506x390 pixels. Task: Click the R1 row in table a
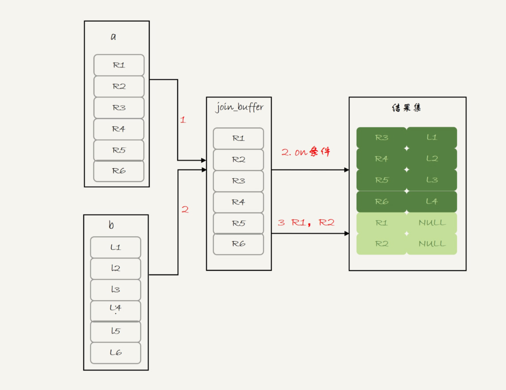[x=119, y=65]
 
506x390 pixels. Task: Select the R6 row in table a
[x=119, y=171]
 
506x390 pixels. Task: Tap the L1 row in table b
[x=116, y=247]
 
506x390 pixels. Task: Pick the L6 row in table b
[x=116, y=353]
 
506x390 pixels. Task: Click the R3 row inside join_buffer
[x=238, y=181]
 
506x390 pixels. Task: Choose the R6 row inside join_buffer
[x=238, y=244]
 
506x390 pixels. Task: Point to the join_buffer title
[x=239, y=108]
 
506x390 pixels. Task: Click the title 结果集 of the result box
[x=407, y=109]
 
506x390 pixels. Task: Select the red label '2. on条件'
[x=306, y=152]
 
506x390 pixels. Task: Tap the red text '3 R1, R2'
[x=306, y=222]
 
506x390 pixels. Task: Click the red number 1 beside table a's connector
[x=183, y=120]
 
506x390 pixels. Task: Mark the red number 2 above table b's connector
[x=185, y=210]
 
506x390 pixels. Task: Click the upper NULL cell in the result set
[x=432, y=223]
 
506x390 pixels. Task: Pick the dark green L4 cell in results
[x=432, y=202]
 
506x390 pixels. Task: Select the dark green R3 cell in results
[x=381, y=138]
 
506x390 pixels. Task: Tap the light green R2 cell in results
[x=381, y=244]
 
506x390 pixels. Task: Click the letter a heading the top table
[x=113, y=37]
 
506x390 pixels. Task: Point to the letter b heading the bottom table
[x=111, y=225]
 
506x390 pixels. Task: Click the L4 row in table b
[x=116, y=310]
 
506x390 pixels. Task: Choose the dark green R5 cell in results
[x=381, y=180]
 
